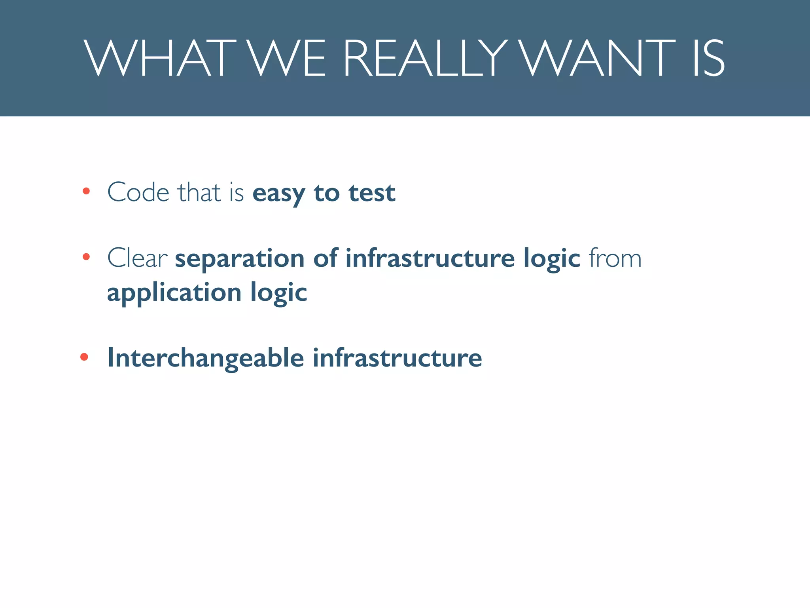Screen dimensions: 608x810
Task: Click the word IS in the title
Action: [708, 59]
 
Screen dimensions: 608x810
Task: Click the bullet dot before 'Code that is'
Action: [86, 192]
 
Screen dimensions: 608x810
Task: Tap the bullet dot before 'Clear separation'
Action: [86, 257]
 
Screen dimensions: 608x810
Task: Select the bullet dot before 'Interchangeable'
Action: [84, 357]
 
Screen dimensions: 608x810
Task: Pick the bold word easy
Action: [278, 194]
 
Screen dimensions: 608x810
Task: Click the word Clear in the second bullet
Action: [137, 258]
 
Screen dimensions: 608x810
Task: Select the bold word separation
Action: [240, 259]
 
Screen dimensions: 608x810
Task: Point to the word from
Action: [615, 258]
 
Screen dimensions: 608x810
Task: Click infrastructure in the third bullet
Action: [397, 358]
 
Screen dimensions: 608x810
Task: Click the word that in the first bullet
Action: [199, 193]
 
